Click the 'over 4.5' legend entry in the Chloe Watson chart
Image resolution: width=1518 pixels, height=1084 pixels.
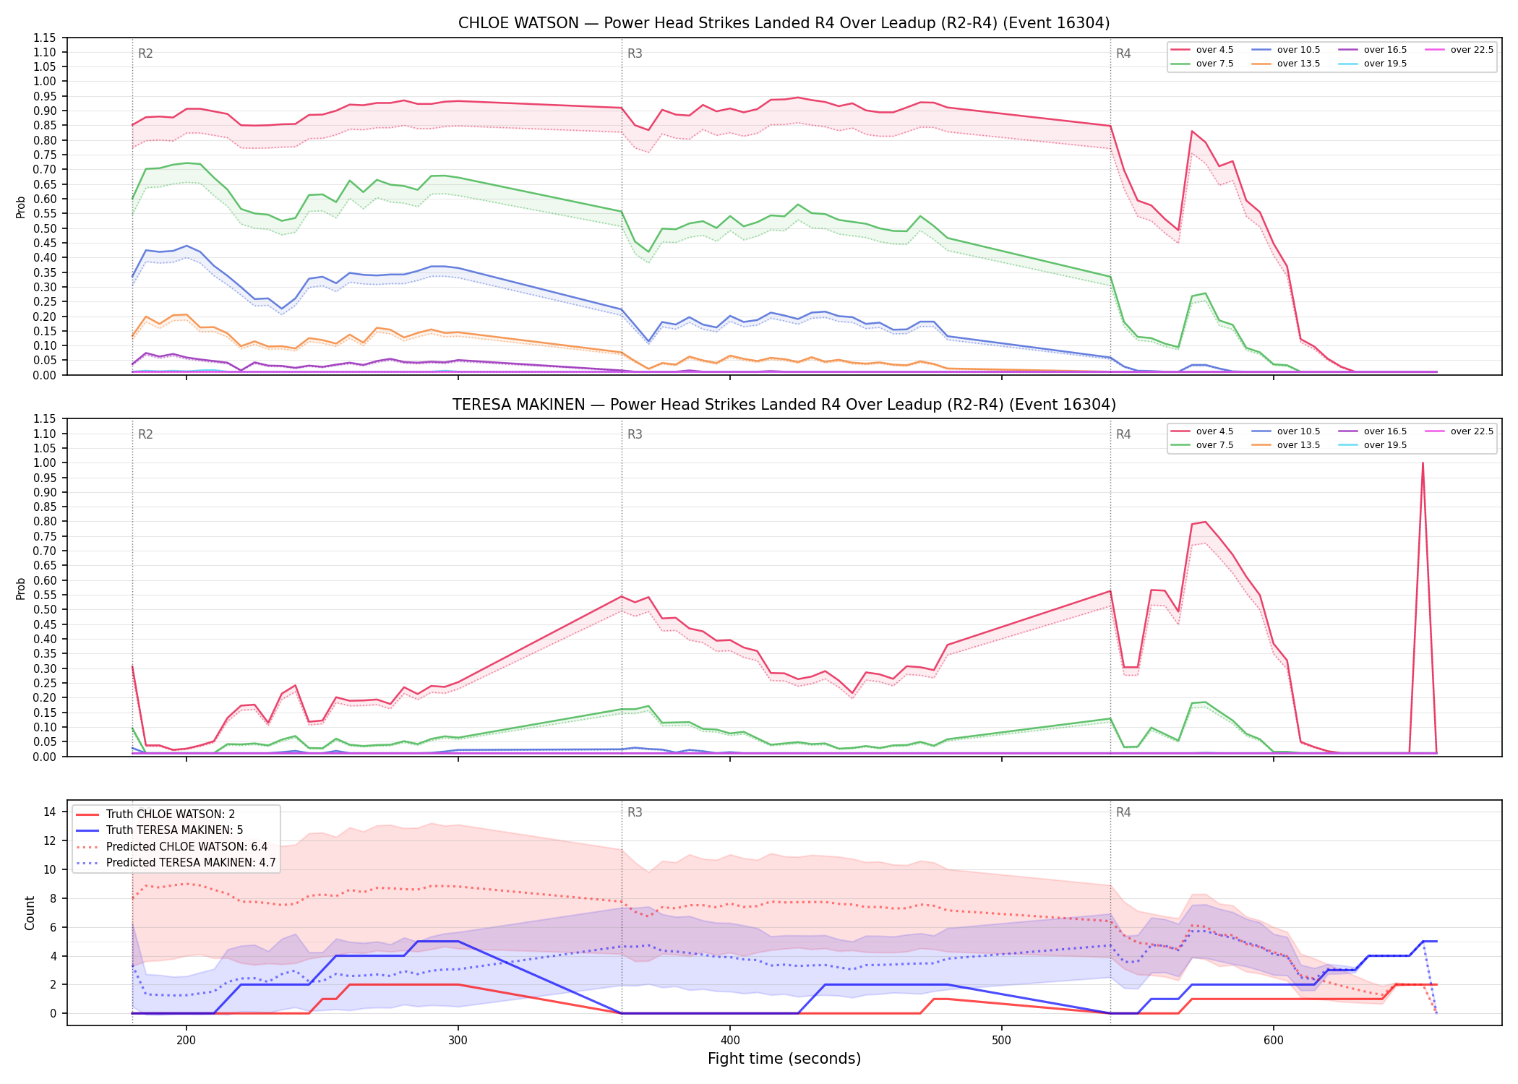coord(1201,50)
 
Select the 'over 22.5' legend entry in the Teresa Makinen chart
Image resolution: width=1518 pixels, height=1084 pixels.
coord(1459,431)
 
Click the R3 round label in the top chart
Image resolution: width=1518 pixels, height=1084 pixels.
coord(635,53)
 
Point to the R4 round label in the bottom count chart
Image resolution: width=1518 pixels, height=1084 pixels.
coord(1123,812)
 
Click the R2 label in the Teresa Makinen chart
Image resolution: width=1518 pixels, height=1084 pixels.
coord(145,434)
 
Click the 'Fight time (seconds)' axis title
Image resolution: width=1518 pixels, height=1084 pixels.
coord(784,1059)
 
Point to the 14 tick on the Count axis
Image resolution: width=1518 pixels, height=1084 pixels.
coord(49,812)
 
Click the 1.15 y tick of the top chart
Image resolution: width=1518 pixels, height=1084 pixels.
coord(44,38)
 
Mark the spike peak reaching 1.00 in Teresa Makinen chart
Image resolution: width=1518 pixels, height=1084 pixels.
coord(1423,463)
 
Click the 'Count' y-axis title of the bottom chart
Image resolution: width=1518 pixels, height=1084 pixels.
coord(30,913)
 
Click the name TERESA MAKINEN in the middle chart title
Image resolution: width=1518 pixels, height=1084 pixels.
coord(519,405)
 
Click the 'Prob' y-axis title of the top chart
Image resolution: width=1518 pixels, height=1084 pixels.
coord(21,207)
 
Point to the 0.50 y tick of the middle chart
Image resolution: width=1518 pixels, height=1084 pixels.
coord(44,609)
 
